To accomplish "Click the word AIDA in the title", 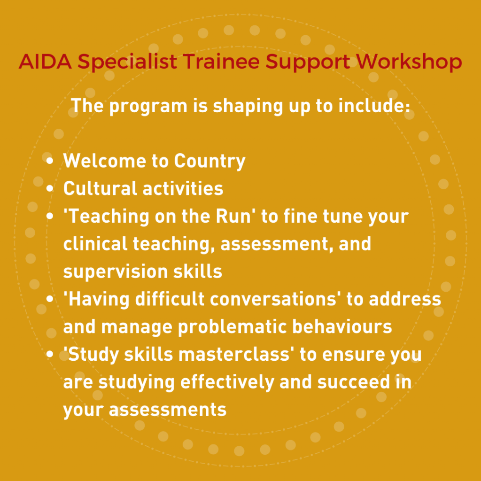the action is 46,62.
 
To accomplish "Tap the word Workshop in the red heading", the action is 409,62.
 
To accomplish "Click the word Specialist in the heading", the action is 127,62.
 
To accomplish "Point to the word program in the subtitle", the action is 148,107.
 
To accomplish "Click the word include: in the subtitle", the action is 374,105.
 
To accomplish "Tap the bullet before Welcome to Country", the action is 50,161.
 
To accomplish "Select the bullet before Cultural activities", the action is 50,188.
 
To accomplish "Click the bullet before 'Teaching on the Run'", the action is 50,216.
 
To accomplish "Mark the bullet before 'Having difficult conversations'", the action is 50,298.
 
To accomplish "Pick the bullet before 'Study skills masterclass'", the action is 50,354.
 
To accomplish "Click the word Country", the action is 210,162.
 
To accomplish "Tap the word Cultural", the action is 100,188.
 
